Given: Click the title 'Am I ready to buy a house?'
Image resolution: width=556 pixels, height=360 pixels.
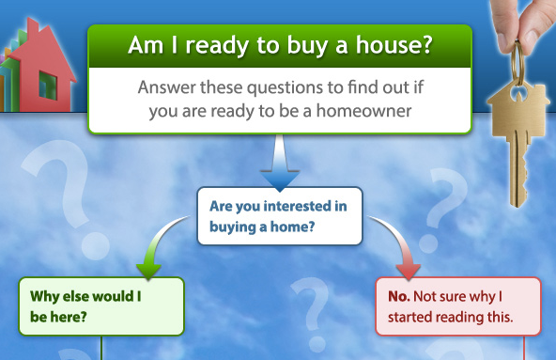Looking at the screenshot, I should pos(280,44).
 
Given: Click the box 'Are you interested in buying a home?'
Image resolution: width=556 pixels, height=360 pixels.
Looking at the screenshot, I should pos(279,216).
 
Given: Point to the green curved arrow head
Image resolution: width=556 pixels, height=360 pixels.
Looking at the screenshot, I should pos(148,268).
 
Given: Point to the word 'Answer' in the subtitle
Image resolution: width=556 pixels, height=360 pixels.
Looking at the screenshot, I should pos(164,89).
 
